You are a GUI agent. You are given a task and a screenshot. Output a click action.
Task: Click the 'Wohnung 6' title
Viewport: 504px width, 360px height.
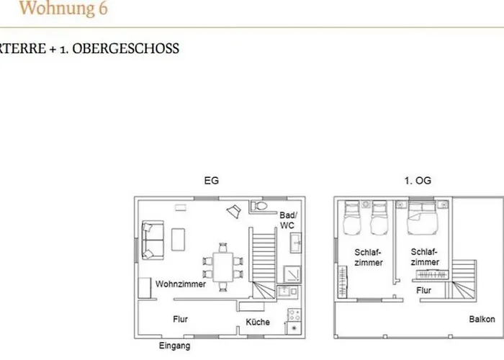(x=63, y=9)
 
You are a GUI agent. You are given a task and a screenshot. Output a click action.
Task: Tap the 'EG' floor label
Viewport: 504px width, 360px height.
(x=211, y=181)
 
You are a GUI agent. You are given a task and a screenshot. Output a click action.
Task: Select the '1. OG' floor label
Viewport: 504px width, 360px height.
(x=418, y=181)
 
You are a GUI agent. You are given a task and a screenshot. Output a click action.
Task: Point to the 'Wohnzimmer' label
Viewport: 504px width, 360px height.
(x=181, y=284)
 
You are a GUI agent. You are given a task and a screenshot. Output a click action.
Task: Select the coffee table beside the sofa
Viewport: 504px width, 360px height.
(x=177, y=239)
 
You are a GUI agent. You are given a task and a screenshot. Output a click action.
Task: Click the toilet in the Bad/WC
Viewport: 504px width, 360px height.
(x=261, y=207)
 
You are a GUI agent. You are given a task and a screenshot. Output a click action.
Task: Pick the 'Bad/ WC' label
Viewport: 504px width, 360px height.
(x=288, y=220)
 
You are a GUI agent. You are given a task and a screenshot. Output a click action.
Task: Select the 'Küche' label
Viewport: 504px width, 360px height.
(x=258, y=322)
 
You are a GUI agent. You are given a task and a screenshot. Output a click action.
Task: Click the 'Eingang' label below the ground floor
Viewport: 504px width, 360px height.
(x=175, y=346)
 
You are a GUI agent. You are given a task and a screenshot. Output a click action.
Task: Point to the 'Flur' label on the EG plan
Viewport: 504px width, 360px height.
(x=181, y=318)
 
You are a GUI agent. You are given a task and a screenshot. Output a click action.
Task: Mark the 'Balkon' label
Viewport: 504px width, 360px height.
(x=482, y=319)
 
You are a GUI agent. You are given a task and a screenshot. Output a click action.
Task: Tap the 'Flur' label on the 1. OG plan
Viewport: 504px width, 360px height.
(x=424, y=291)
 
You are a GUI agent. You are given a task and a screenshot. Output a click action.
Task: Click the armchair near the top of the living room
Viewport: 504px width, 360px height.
(x=233, y=210)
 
